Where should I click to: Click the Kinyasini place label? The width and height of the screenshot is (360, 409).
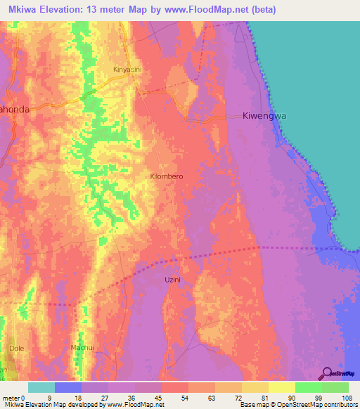coord(128,70)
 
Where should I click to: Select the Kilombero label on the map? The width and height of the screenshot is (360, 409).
coord(167,177)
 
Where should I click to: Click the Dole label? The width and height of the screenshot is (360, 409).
coord(17,348)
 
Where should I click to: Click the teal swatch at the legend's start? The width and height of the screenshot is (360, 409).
coord(41,387)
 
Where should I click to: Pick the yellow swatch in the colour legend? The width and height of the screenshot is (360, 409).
coord(281,387)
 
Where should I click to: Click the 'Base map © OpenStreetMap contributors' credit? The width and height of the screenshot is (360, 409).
coord(298,405)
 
